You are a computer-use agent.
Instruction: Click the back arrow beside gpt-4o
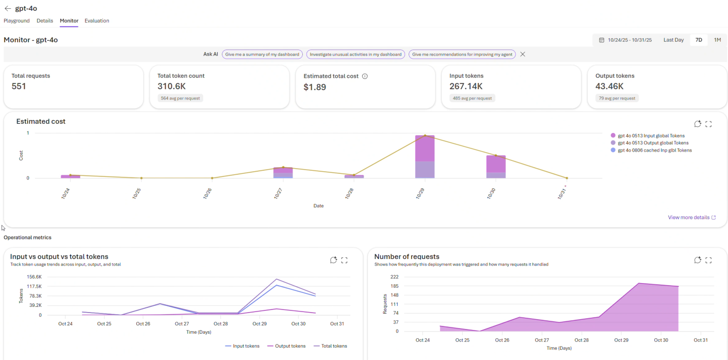click(8, 8)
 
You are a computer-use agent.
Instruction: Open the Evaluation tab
click(96, 21)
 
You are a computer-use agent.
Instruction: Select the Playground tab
click(17, 21)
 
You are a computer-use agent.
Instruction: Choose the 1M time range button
click(717, 40)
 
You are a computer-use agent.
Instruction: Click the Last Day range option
click(673, 40)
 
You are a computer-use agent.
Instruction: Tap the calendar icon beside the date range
click(602, 40)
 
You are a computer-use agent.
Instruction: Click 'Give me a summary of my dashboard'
click(262, 54)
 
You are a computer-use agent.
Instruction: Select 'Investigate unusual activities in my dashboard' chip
click(355, 54)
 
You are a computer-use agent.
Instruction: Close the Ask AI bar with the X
click(523, 54)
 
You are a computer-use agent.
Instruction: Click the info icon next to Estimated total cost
click(365, 76)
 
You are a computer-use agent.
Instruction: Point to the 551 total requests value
click(19, 86)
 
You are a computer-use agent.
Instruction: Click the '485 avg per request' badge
click(472, 98)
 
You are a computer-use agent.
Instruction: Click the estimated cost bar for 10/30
click(496, 167)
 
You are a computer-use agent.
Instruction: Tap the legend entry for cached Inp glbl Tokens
click(651, 150)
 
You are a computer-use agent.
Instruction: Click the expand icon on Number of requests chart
click(708, 260)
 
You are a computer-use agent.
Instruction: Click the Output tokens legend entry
click(286, 346)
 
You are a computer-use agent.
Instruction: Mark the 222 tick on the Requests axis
click(394, 277)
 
